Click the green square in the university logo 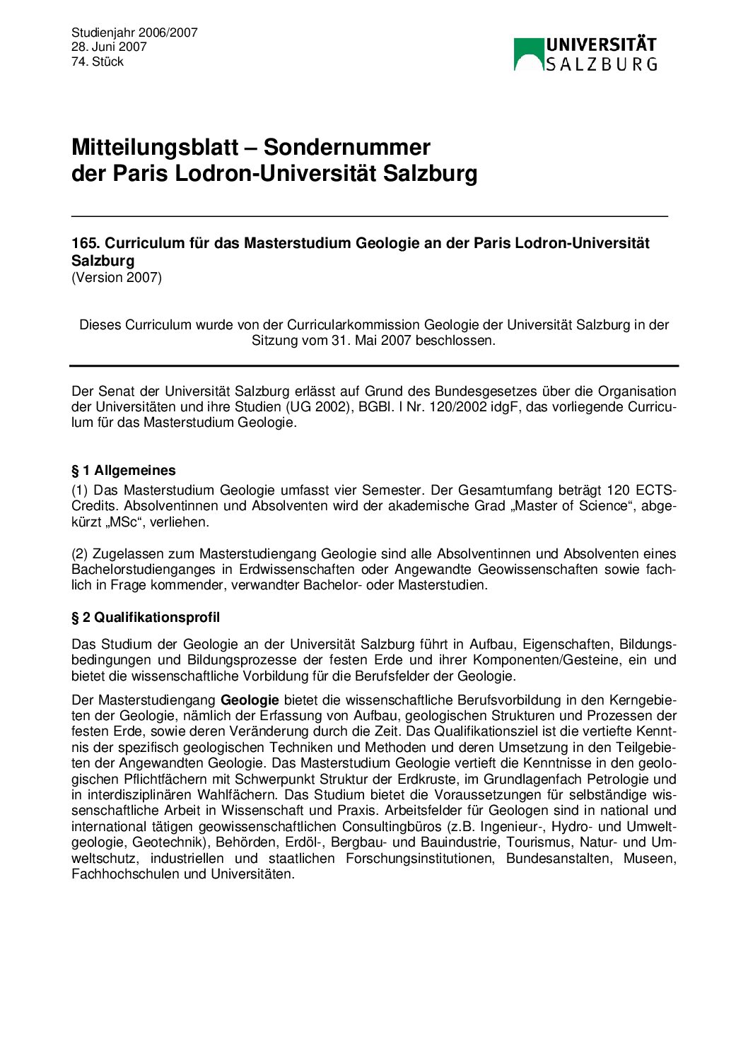pos(529,54)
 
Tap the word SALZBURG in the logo pos(601,64)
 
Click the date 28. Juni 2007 pos(109,47)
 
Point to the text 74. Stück pos(98,61)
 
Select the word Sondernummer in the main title pos(346,147)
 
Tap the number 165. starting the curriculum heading pos(86,243)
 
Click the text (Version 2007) pos(117,278)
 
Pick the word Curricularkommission pos(353,325)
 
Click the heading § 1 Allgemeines pos(124,470)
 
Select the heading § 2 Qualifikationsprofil pos(146,617)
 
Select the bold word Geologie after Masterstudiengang pos(250,700)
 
